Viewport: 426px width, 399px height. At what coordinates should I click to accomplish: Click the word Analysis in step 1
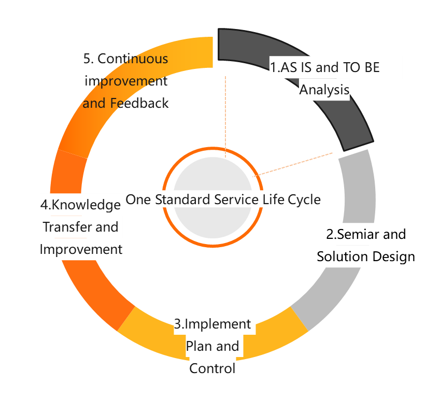[x=324, y=90]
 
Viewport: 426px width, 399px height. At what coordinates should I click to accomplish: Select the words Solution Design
[x=366, y=256]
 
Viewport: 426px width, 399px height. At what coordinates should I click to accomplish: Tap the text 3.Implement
[x=212, y=324]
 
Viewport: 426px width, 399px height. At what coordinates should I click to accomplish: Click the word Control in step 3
[x=212, y=368]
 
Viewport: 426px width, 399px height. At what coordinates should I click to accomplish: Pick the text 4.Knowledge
[x=81, y=205]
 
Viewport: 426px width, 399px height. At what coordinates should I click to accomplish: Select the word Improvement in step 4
[x=81, y=249]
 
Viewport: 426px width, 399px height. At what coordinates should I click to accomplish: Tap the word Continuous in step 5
[x=133, y=59]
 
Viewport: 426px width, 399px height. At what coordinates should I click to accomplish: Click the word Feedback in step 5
[x=139, y=103]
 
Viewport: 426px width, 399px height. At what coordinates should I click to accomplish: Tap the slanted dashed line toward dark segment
[x=293, y=164]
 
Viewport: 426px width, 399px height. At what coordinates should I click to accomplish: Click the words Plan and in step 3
[x=212, y=346]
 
